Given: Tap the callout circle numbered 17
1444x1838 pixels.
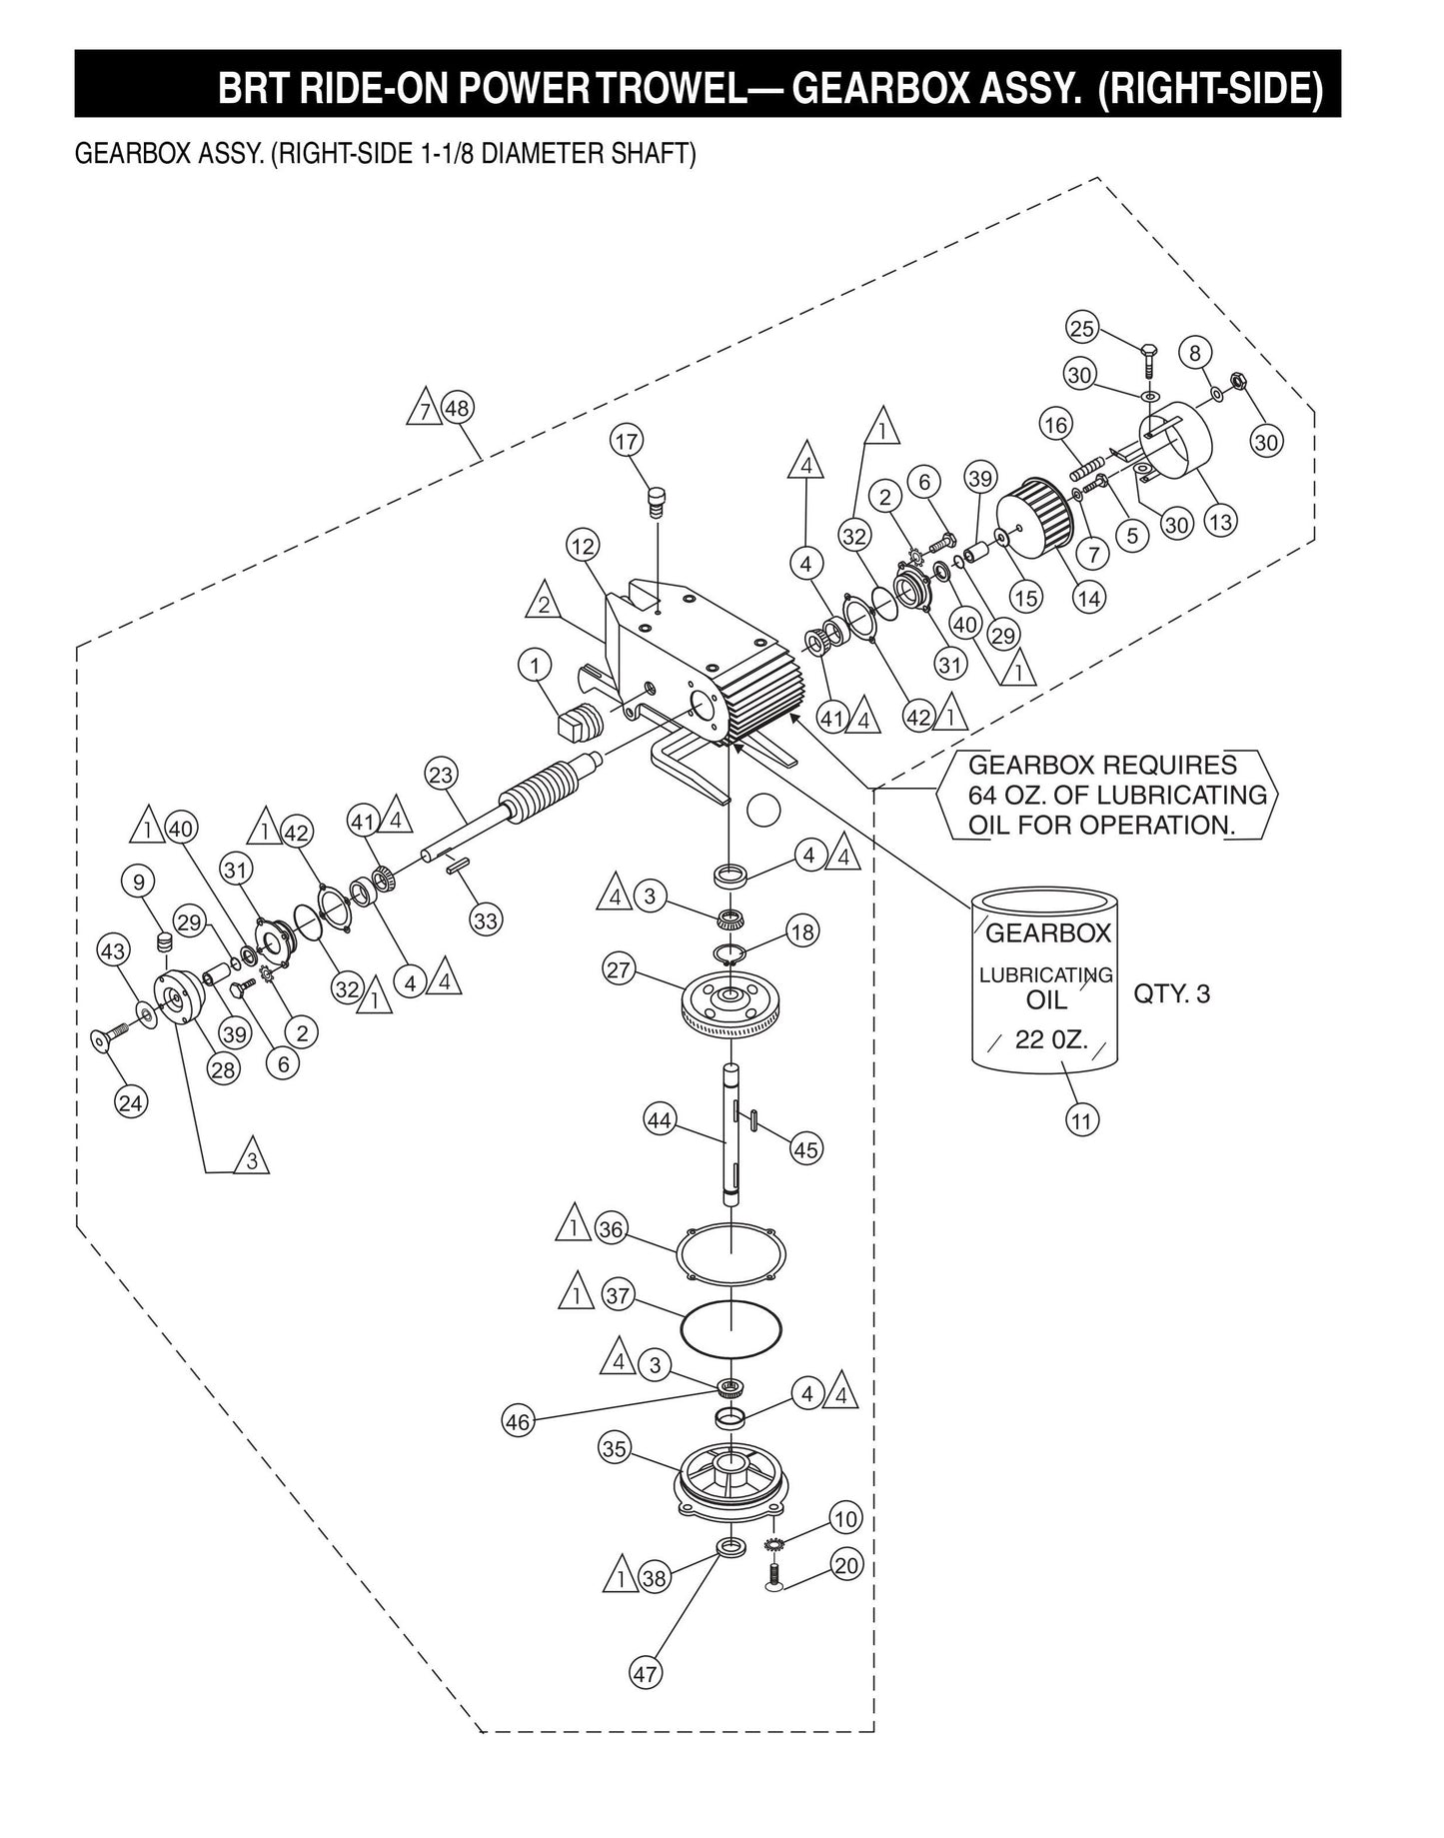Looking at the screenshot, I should pos(628,441).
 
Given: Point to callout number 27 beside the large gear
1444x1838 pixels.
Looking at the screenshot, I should pos(620,968).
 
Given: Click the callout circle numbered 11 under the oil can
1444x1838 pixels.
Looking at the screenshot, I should pos(1081,1120).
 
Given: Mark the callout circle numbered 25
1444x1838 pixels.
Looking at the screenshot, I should pos(1083,328).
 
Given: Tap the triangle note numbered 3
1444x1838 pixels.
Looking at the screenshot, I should pos(252,1160).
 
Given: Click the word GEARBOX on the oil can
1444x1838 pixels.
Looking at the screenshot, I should pos(1048,933).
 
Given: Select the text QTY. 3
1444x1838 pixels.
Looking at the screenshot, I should pos(1171,994).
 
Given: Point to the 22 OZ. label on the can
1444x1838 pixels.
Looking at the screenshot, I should pos(1044,1039).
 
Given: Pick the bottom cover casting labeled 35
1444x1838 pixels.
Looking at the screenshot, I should pos(731,1487).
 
